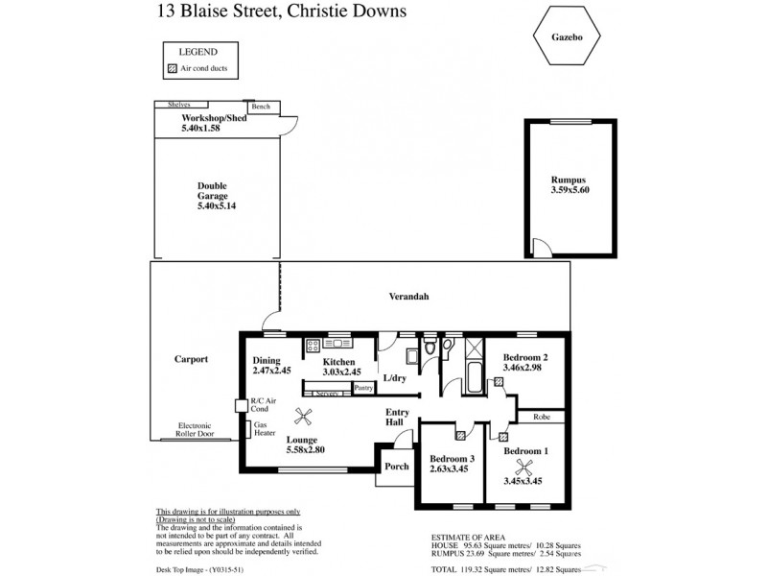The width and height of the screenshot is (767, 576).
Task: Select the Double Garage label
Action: pos(213,195)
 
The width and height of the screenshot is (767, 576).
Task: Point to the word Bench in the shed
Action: pos(260,107)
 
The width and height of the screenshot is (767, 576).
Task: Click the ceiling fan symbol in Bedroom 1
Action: pos(523,468)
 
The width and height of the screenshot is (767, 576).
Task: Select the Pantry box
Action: pos(363,388)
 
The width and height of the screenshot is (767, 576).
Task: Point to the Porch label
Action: pos(396,467)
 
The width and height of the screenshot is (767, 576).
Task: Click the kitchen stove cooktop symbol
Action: pos(312,345)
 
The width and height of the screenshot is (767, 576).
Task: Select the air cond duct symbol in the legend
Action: pos(173,69)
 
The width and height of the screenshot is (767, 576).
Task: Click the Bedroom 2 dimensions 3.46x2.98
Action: pos(523,368)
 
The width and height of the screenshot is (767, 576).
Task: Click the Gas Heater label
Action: pos(262,430)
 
